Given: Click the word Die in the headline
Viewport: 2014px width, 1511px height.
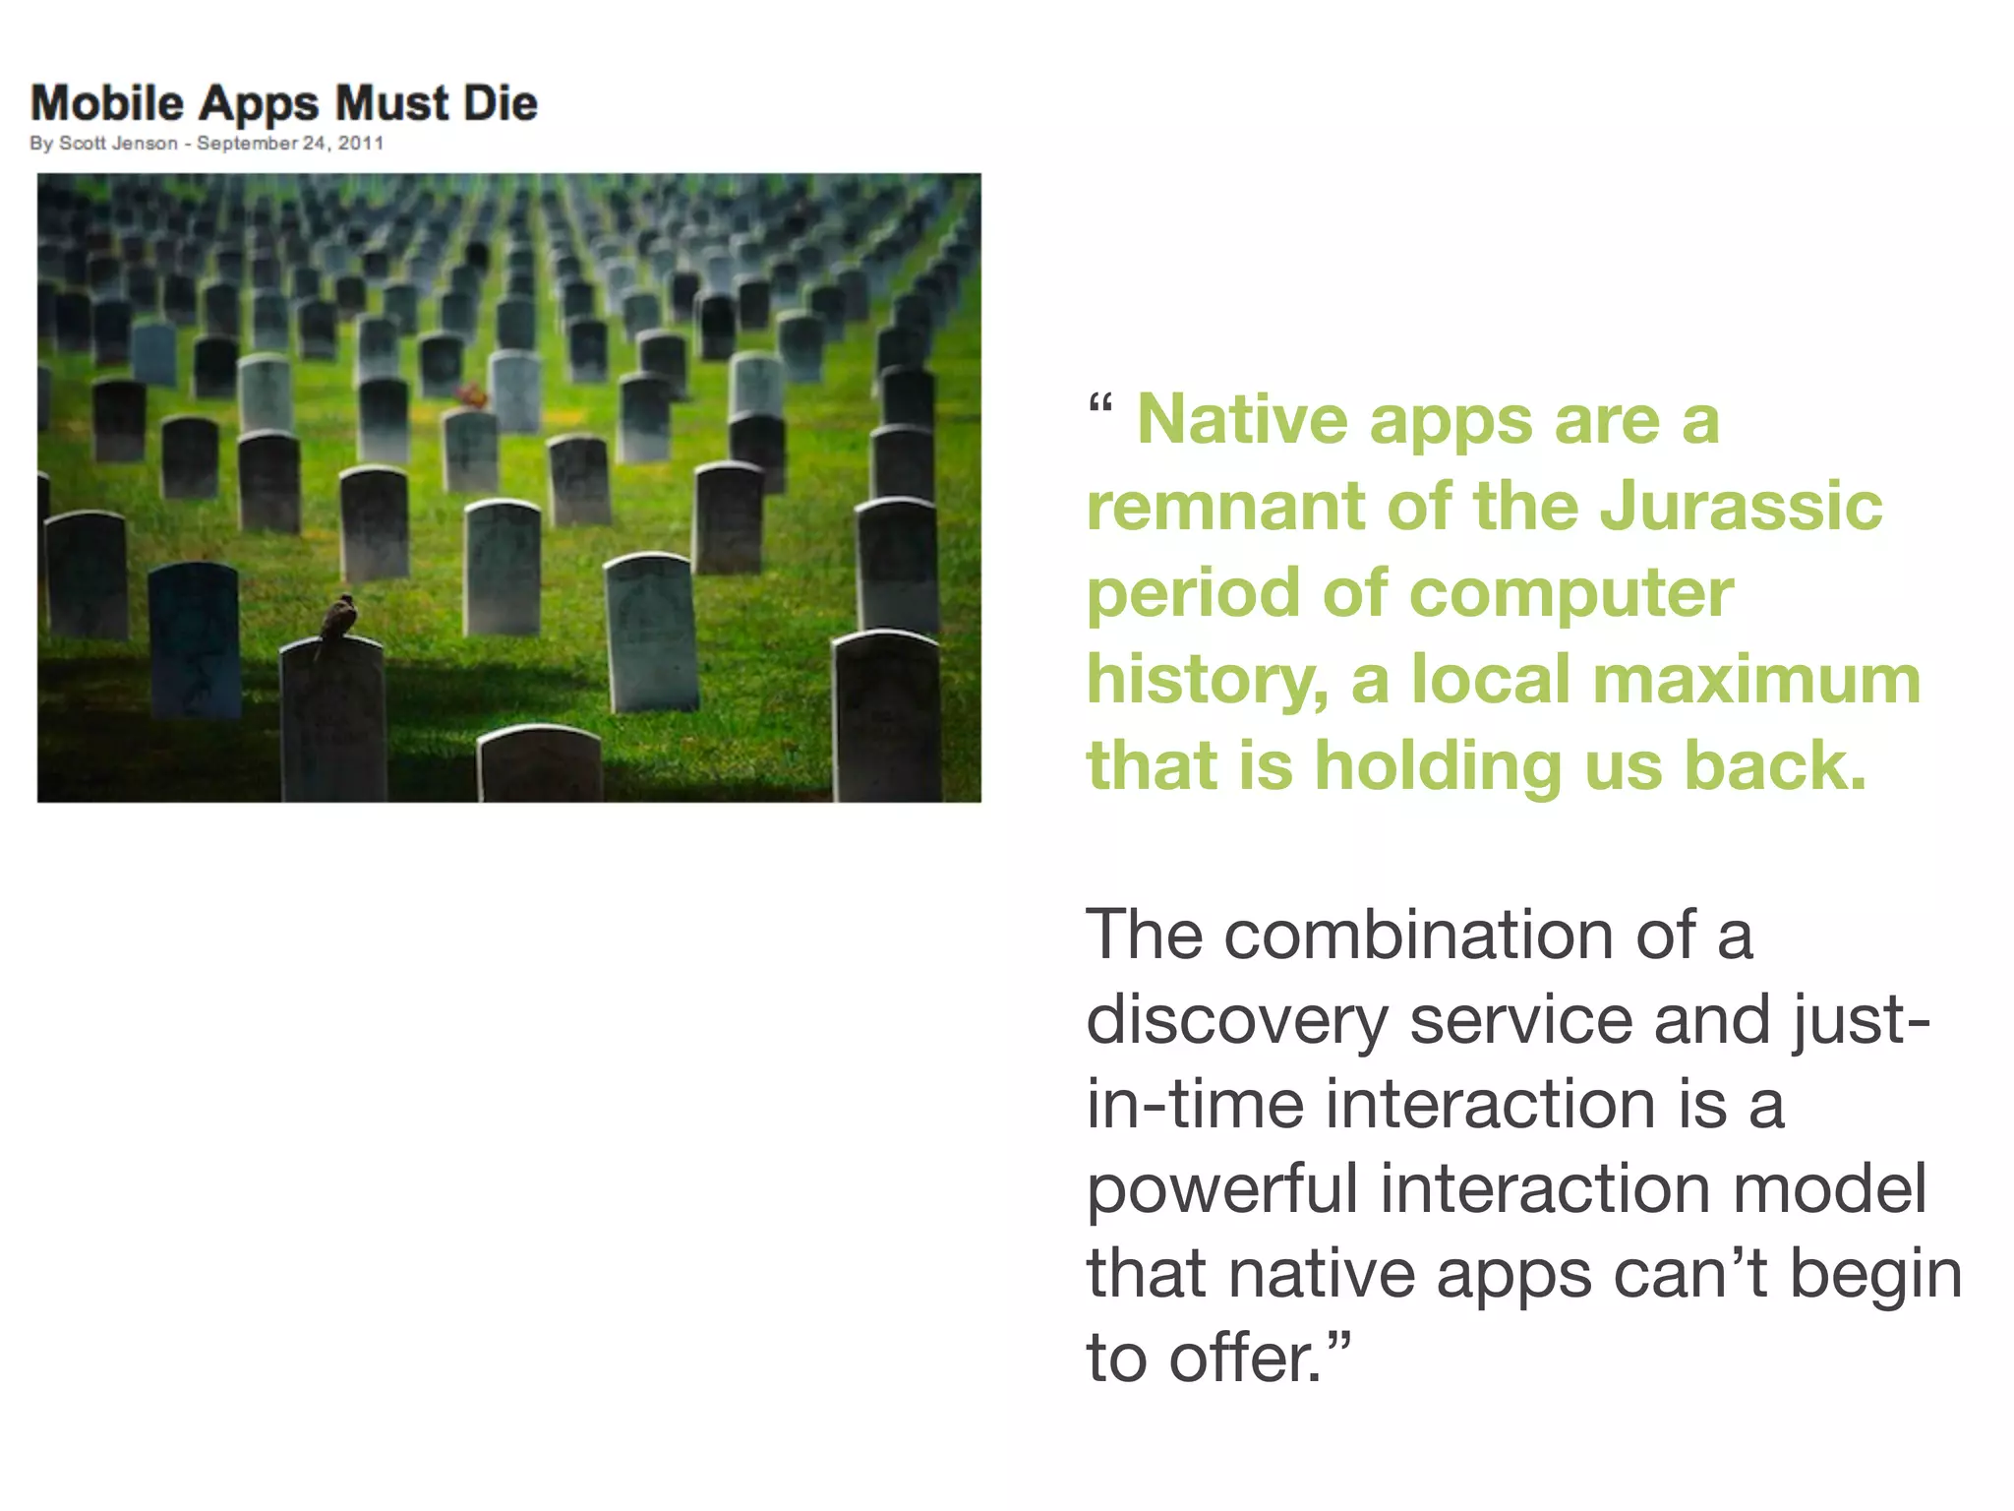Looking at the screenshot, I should [x=501, y=103].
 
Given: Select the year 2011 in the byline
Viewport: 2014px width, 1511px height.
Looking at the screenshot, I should [x=361, y=144].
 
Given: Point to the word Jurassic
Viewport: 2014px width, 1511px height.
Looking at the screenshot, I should [x=1741, y=507].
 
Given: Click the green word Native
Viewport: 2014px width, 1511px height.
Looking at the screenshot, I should [x=1241, y=420].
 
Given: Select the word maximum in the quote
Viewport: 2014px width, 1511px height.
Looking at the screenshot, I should [x=1756, y=680].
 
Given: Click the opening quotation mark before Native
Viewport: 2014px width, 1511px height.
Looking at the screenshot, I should [x=1100, y=403].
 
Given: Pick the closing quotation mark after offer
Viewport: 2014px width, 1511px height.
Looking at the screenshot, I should [x=1339, y=1340].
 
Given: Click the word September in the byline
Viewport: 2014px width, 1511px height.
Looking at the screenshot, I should [x=247, y=144].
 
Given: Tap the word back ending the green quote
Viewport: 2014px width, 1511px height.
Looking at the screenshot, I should [x=1774, y=766].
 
